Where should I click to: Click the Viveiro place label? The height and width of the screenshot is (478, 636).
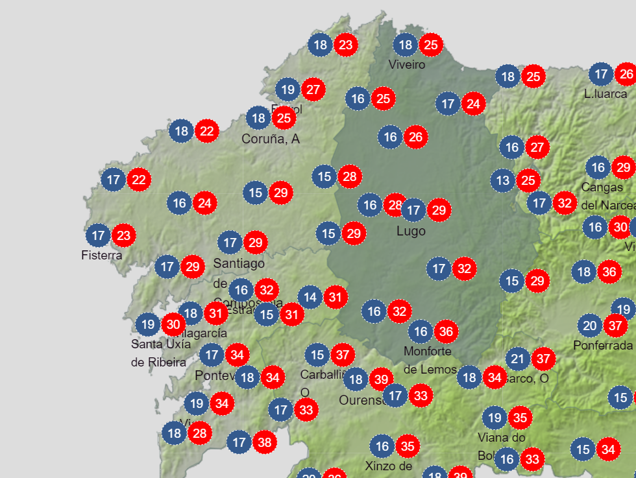407,65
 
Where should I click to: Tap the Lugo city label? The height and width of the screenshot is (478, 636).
411,231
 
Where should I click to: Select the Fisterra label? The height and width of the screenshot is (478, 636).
102,256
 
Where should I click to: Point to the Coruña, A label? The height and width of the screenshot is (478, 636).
271,139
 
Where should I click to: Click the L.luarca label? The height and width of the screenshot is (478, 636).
605,94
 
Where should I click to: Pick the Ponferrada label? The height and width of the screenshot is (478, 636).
603,346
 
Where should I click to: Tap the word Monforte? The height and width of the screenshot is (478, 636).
428,352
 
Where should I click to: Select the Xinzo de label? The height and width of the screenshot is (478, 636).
389,466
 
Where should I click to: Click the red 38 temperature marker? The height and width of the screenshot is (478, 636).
264,443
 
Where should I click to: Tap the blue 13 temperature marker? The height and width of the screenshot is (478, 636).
503,180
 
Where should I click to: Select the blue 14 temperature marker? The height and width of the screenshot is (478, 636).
310,298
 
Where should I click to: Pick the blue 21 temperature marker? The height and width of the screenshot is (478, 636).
518,358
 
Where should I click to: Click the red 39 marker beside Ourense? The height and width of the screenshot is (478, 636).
381,379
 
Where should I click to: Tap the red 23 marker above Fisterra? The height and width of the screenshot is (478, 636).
123,235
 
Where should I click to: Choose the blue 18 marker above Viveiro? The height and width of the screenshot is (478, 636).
406,45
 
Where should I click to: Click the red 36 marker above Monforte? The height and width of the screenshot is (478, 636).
446,332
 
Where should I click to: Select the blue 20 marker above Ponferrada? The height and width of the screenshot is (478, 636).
590,325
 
